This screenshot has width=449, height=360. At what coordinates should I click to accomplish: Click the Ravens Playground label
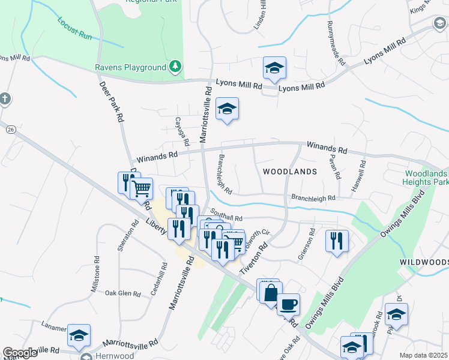pyautogui.click(x=130, y=67)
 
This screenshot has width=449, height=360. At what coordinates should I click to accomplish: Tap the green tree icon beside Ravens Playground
pyautogui.click(x=175, y=66)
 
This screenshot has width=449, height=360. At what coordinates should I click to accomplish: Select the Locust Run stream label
pyautogui.click(x=74, y=29)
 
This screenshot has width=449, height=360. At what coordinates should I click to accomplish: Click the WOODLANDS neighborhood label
pyautogui.click(x=289, y=172)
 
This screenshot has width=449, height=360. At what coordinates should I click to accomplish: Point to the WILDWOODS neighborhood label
pyautogui.click(x=424, y=263)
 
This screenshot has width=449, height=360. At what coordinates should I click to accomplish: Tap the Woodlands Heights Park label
pyautogui.click(x=424, y=177)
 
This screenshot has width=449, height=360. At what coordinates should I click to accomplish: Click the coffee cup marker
pyautogui.click(x=288, y=304)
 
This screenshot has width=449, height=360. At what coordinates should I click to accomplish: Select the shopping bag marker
pyautogui.click(x=271, y=293)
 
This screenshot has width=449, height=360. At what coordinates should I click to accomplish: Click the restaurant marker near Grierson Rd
pyautogui.click(x=337, y=240)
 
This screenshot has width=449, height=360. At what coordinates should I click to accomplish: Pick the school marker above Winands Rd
pyautogui.click(x=227, y=109)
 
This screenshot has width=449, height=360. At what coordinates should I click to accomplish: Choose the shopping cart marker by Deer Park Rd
pyautogui.click(x=142, y=189)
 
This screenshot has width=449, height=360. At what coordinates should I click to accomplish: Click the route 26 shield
pyautogui.click(x=11, y=129)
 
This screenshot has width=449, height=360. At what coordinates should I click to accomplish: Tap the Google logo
pyautogui.click(x=20, y=353)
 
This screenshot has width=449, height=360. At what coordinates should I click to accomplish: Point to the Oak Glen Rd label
pyautogui.click(x=122, y=293)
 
